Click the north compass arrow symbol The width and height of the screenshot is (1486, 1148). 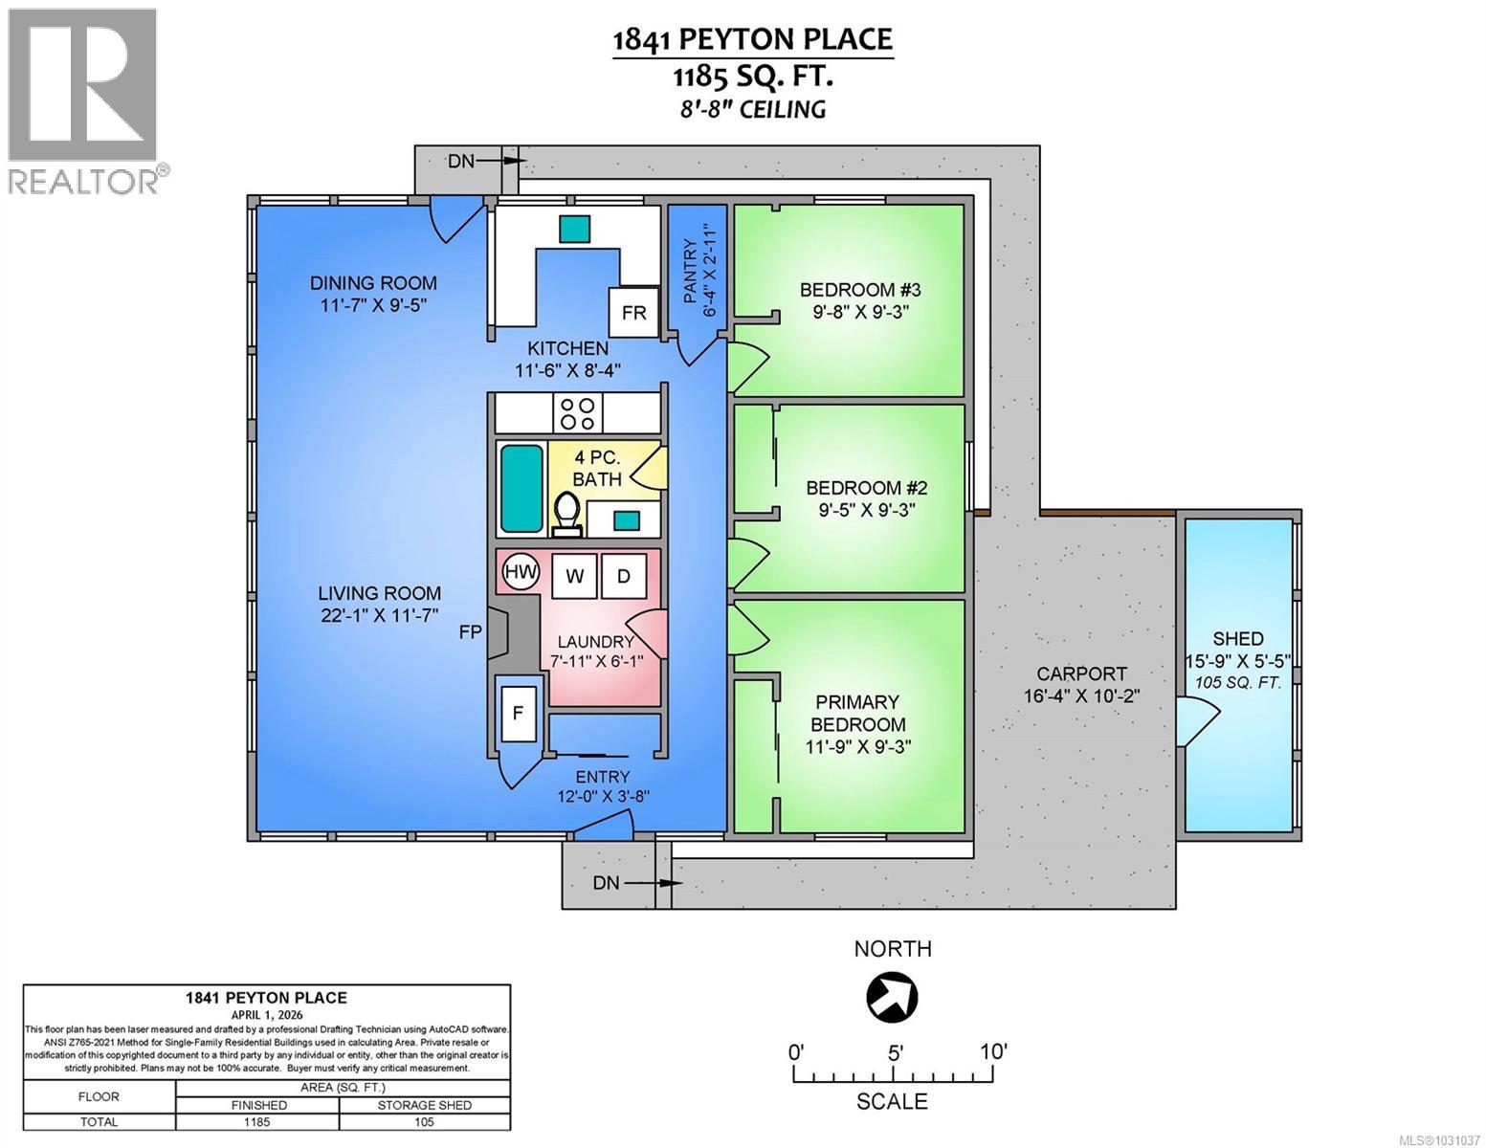coord(891,996)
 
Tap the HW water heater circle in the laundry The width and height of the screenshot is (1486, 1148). coord(520,572)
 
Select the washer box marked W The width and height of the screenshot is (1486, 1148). coord(574,575)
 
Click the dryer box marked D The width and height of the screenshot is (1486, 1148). coord(624,575)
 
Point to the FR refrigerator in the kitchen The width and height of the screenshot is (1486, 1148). coord(633,312)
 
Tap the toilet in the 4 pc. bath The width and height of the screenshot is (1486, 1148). coord(566,509)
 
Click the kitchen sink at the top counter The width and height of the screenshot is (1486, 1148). coord(575,229)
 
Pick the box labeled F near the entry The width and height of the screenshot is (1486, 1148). coord(519,712)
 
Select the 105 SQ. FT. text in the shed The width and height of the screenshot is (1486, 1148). coord(1238,680)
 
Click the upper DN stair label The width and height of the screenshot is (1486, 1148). coord(461,161)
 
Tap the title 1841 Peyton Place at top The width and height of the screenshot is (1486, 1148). coord(752,39)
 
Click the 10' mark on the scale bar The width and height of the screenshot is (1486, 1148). coord(992,1051)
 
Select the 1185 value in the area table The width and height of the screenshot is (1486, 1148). coord(257,1122)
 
